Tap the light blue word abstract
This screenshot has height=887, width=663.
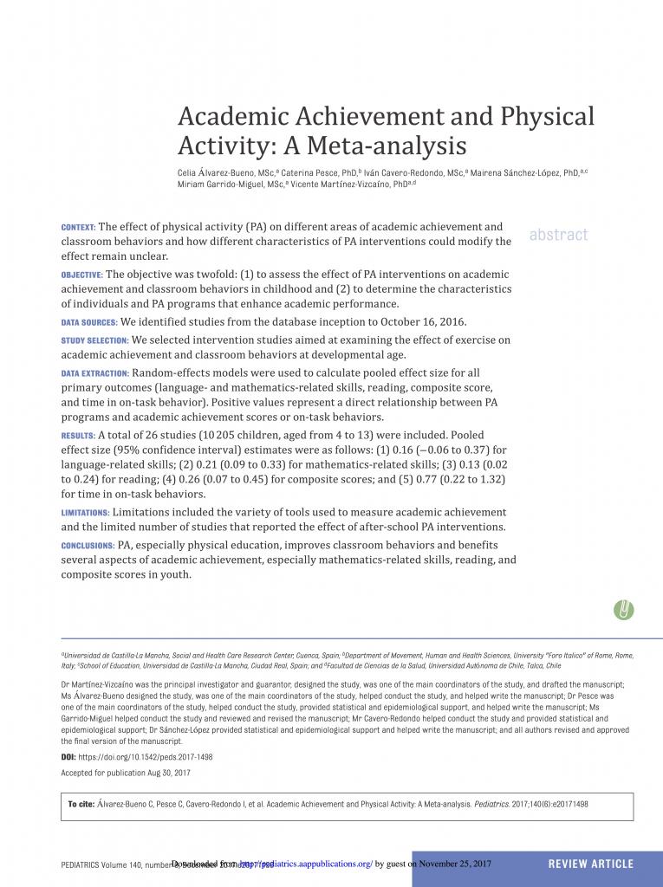558,235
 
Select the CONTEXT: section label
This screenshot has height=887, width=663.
79,227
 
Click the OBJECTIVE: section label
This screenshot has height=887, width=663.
81,275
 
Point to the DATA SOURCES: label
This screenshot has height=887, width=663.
89,322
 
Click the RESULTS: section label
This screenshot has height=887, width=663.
78,435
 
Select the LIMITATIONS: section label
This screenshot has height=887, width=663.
85,514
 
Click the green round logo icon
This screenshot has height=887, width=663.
623,609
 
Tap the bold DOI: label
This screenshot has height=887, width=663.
69,756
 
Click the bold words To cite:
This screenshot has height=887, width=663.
81,805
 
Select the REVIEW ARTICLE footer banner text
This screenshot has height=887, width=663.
591,864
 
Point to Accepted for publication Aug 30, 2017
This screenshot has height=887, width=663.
126,772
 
